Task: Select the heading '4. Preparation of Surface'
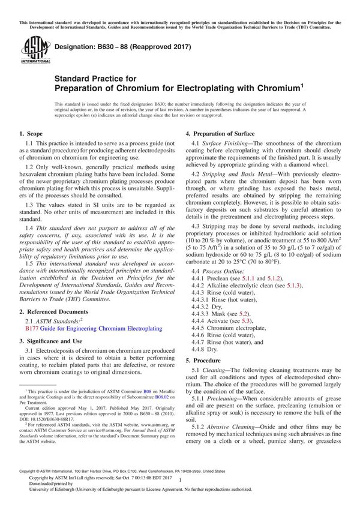click(220, 134)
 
